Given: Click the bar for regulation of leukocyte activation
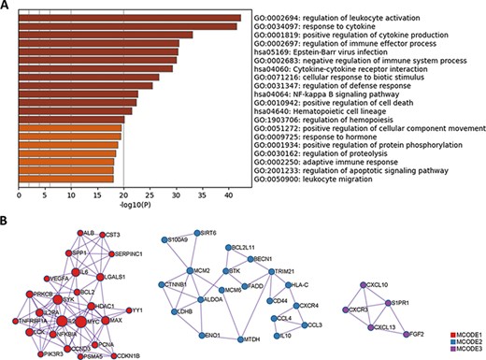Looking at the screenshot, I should pos(130,18).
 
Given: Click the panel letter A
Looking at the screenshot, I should pos(6,7).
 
